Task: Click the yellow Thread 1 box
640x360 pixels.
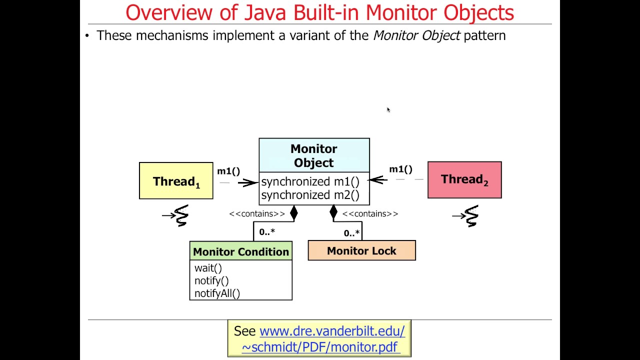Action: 176,181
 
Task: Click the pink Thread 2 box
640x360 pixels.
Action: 464,180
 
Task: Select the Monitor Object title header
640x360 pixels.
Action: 314,155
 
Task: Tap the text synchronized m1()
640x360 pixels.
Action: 310,181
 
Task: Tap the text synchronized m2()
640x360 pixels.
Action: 310,195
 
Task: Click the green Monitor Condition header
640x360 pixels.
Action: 240,251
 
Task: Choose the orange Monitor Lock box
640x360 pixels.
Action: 361,250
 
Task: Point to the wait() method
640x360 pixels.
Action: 208,268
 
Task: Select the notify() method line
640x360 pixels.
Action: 211,281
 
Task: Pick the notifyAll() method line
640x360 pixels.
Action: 217,293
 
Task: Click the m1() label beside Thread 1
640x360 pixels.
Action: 228,171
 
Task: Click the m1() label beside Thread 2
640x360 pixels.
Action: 400,169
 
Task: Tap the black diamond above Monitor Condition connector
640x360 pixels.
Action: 294,213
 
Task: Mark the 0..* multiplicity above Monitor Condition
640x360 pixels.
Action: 267,232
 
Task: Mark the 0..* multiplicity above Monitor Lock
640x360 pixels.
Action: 351,233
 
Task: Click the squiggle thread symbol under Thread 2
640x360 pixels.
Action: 470,215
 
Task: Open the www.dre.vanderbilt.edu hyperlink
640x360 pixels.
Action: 332,331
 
